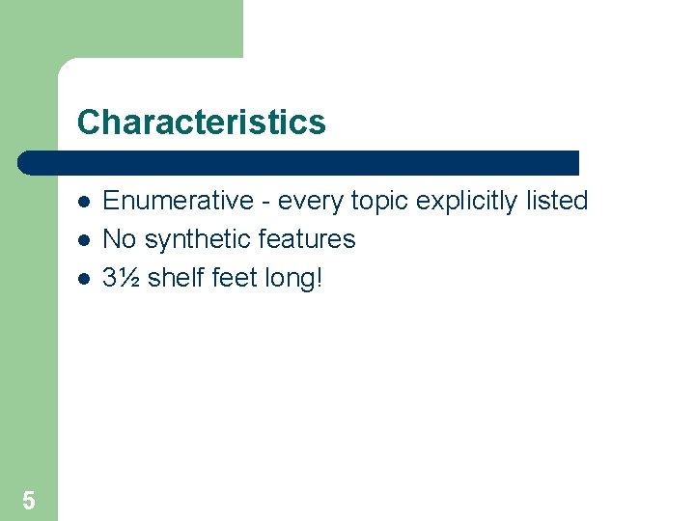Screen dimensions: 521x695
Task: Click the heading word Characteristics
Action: click(202, 123)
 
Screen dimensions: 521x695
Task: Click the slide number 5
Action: click(29, 500)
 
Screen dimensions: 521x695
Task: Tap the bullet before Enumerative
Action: click(85, 202)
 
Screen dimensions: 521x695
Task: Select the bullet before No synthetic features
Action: click(85, 240)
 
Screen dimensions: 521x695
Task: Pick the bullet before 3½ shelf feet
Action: click(85, 279)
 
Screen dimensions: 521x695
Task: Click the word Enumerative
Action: click(178, 201)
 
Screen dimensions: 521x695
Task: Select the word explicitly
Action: click(466, 202)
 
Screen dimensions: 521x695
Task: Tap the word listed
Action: click(558, 201)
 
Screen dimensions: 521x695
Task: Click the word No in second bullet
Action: click(119, 239)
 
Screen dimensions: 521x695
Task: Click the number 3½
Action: click(122, 278)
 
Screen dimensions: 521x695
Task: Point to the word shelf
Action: click(176, 278)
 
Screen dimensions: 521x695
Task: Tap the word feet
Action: click(236, 278)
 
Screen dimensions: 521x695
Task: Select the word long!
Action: click(295, 279)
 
